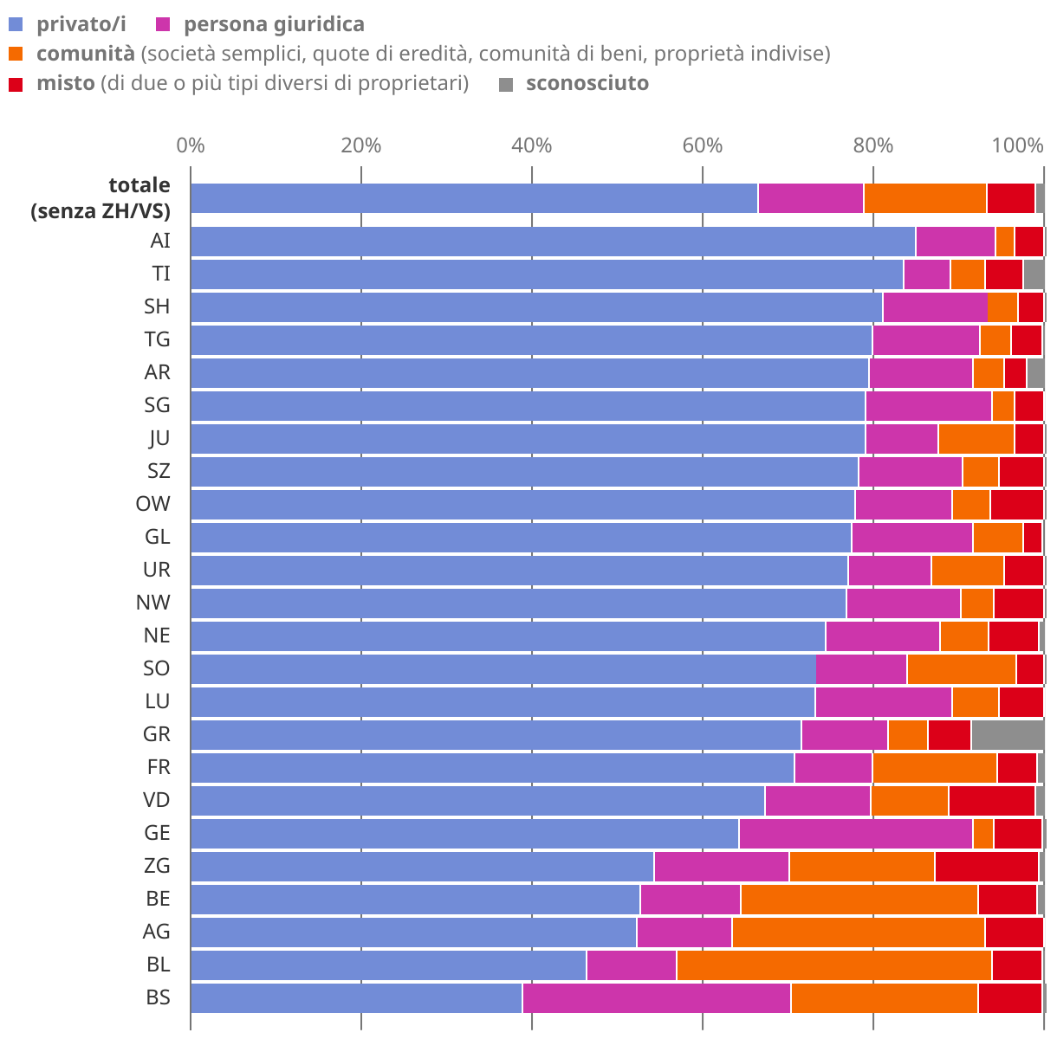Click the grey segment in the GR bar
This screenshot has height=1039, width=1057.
1008,734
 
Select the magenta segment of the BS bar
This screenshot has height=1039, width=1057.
656,997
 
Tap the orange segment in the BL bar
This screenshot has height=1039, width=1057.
833,965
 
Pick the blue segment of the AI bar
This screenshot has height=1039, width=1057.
552,241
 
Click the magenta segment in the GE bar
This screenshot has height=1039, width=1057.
855,833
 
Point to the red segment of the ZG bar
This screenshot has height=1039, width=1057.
986,866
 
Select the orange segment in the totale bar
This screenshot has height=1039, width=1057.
924,198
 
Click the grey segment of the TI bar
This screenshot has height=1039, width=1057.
1034,274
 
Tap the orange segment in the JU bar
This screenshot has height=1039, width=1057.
976,438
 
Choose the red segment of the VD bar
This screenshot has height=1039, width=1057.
991,800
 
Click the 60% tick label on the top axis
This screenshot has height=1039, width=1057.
702,145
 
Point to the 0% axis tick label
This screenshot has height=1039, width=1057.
191,145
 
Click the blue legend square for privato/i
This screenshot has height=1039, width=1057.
16,24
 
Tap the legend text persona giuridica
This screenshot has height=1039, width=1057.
274,24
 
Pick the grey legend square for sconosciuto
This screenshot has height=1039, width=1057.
507,84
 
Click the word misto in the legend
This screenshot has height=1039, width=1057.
65,84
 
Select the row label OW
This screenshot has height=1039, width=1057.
152,504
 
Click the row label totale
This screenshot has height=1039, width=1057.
139,185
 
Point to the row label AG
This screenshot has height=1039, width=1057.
156,932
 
